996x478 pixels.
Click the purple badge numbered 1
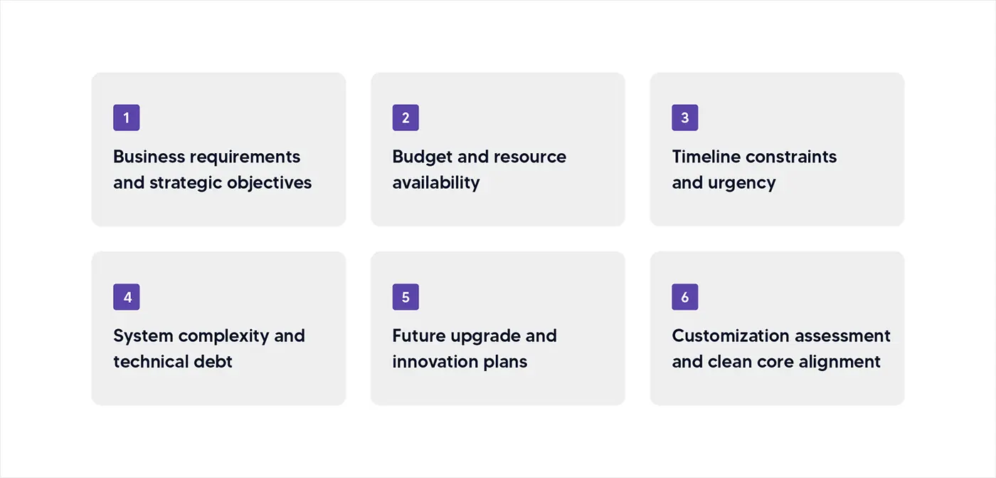point(127,118)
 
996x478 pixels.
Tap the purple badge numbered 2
point(406,118)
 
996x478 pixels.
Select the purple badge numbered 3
point(684,118)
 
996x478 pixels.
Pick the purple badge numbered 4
point(127,297)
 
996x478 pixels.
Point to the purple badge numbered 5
point(406,297)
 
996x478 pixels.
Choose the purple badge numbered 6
point(684,297)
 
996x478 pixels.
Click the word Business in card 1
point(149,157)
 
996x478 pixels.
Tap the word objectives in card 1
point(269,183)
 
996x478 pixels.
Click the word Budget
point(422,157)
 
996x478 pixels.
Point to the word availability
point(435,183)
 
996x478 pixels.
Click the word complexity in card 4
point(223,336)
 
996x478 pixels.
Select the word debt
point(213,361)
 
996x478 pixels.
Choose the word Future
point(418,336)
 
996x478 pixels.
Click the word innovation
point(435,361)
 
